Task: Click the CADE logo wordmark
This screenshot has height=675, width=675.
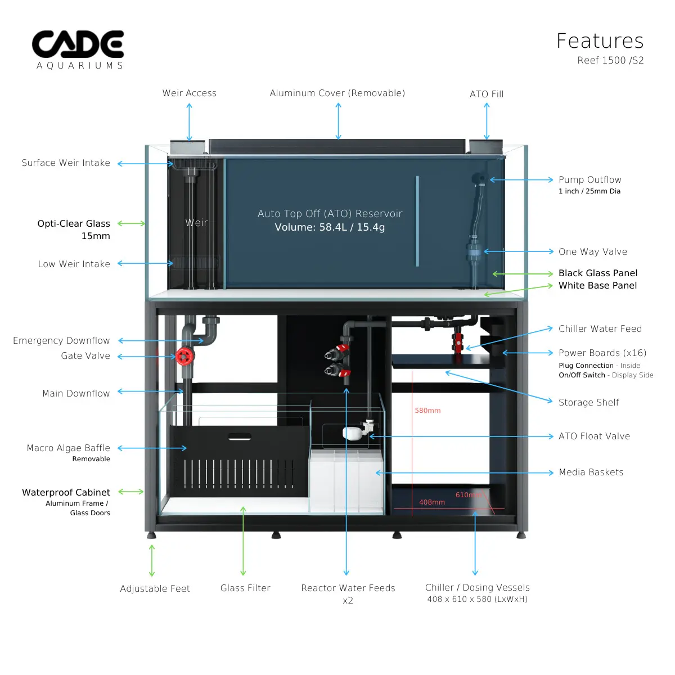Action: tap(78, 44)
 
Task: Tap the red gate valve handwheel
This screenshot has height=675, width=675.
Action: tap(184, 356)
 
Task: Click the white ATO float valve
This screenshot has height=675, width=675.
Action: tap(352, 433)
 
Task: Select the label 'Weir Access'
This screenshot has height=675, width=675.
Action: tap(190, 93)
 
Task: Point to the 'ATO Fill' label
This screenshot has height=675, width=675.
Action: tap(487, 94)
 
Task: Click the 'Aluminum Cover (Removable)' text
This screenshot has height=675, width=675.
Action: tap(337, 93)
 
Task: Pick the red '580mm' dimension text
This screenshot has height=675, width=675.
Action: tap(427, 411)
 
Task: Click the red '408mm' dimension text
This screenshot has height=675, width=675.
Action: tap(432, 502)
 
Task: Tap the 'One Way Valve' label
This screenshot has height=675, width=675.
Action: tap(593, 252)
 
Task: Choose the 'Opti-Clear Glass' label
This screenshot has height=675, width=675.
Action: tap(74, 224)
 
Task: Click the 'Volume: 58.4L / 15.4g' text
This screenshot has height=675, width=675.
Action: tap(330, 227)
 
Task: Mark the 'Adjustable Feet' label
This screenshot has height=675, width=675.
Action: tap(155, 589)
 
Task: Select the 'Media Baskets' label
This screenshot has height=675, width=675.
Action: tap(591, 472)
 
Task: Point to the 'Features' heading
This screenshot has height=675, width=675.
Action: tap(600, 41)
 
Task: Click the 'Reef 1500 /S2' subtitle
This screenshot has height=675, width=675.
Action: tap(610, 61)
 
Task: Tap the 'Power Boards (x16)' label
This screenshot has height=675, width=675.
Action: tap(602, 353)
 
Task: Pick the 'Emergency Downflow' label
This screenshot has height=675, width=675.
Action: tap(61, 341)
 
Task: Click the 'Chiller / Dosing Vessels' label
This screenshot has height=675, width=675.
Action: tap(478, 588)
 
